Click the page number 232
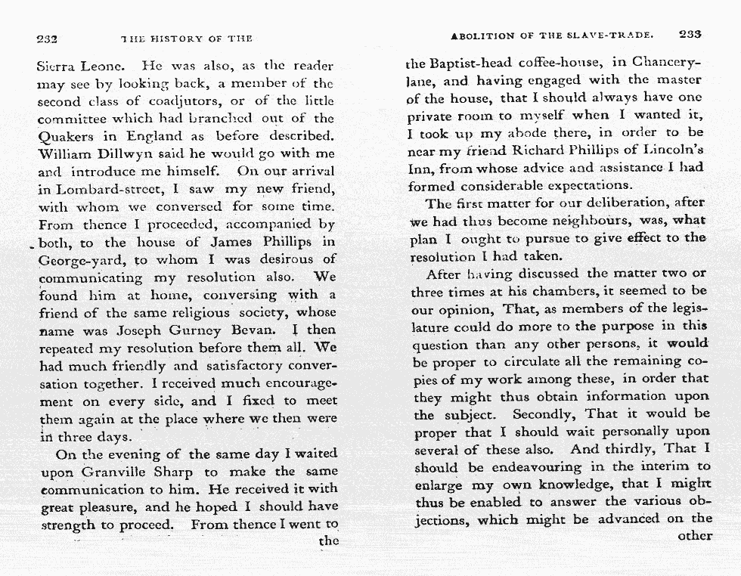[48, 38]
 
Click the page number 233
[690, 34]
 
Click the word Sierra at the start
[60, 66]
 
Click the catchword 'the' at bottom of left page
[328, 541]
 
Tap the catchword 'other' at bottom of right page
[695, 536]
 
